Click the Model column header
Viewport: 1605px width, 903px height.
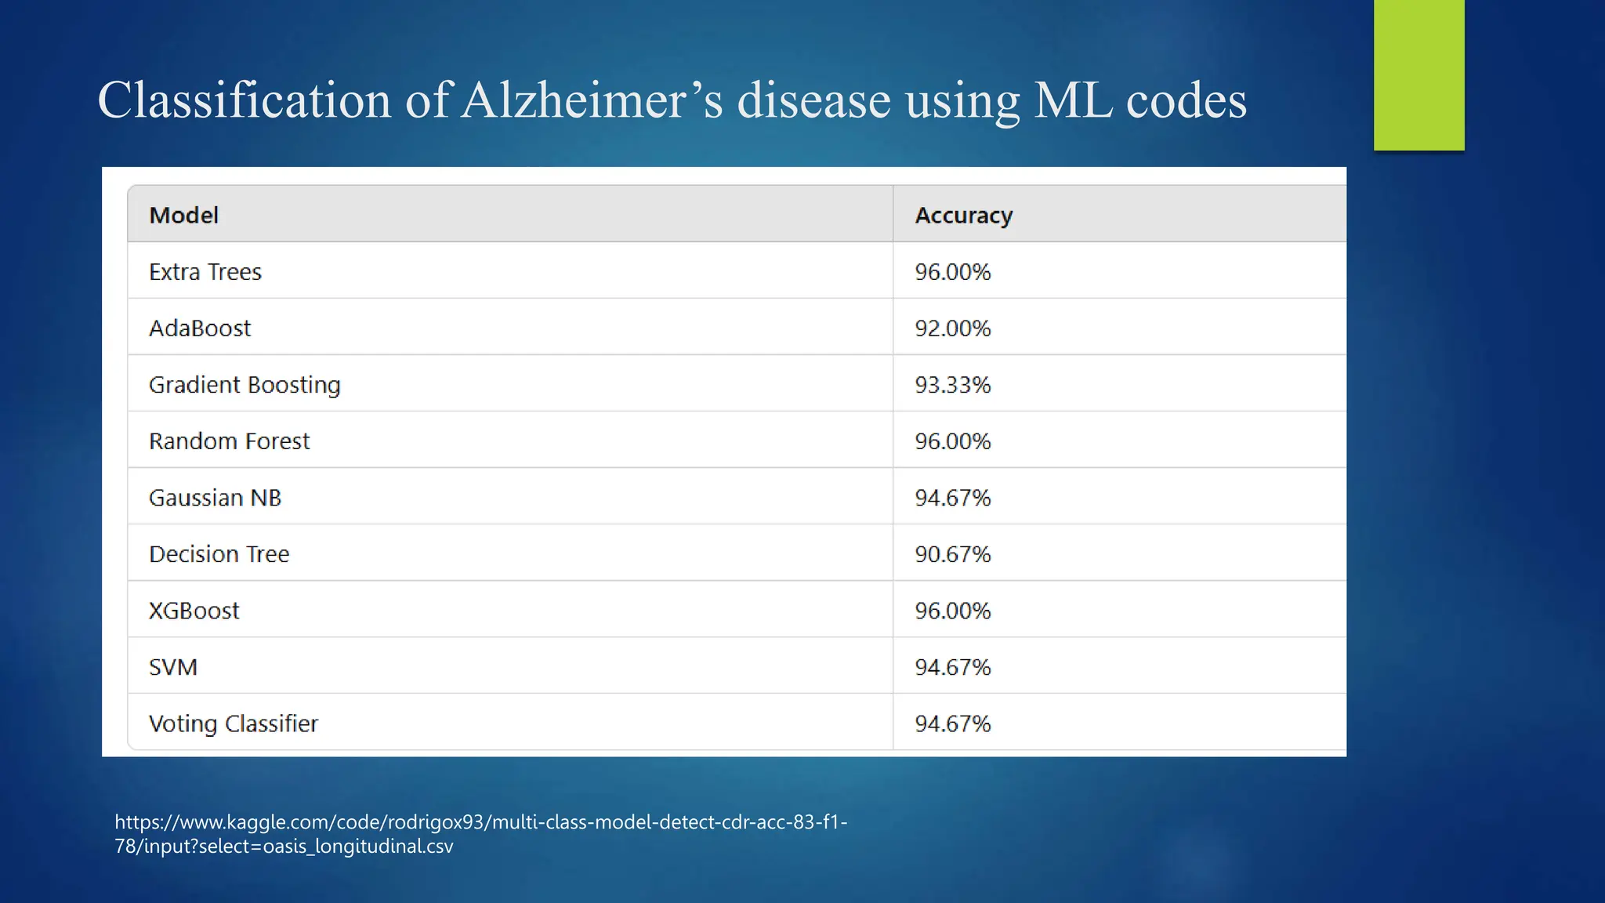tap(183, 215)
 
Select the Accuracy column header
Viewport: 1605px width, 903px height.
tap(963, 215)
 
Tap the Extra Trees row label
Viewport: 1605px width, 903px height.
tap(205, 272)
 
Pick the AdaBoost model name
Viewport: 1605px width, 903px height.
tap(200, 328)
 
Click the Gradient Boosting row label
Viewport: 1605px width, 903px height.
tap(245, 385)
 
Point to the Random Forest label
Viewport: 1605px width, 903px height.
tap(229, 441)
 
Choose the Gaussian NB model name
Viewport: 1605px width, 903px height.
tap(215, 498)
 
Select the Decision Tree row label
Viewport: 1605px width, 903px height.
tap(219, 554)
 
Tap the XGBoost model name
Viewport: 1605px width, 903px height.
tap(194, 611)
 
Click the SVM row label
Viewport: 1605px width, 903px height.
tap(173, 667)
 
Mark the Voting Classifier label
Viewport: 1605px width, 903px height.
tap(234, 723)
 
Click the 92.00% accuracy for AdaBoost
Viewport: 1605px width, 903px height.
tap(952, 328)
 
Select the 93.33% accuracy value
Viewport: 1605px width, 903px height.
tap(952, 385)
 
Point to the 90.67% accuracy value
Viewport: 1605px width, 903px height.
tap(952, 554)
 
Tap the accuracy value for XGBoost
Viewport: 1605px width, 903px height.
tap(952, 611)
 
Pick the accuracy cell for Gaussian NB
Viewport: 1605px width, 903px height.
tap(952, 498)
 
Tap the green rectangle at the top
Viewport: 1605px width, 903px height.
tap(1418, 74)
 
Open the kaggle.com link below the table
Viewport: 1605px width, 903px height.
tap(480, 833)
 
